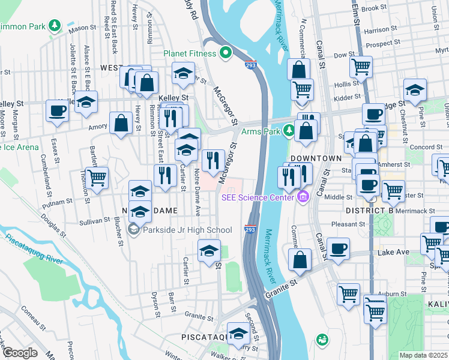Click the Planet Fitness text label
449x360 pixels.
(x=190, y=53)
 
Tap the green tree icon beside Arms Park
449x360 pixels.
(x=289, y=130)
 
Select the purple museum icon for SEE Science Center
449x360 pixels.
(x=303, y=196)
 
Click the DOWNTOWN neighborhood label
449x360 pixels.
(x=316, y=158)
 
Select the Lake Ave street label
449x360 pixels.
(x=393, y=253)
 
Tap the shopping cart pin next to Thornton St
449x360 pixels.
(x=97, y=177)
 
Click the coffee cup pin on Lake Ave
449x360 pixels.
(x=339, y=248)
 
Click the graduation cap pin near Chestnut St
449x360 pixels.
(x=415, y=90)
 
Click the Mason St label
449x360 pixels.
(x=82, y=28)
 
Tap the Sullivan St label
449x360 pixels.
(x=95, y=221)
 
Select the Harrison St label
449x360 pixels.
(x=376, y=30)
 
